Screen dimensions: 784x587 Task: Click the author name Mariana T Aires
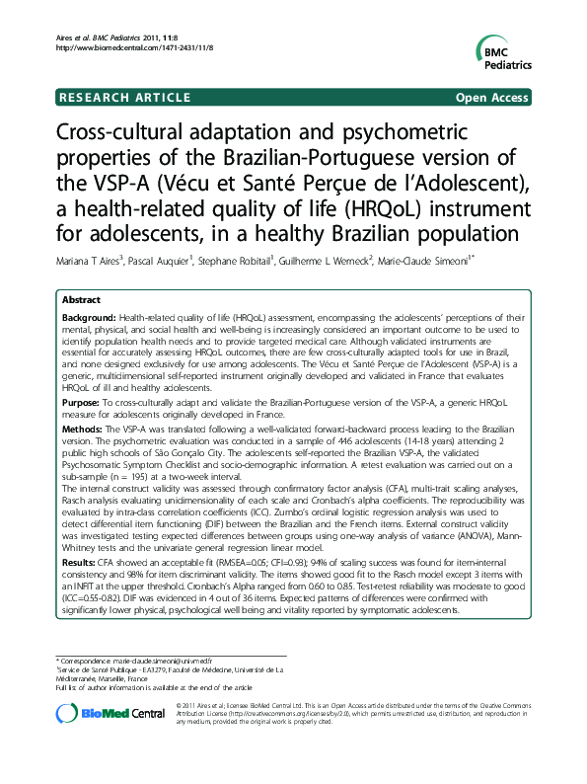click(86, 263)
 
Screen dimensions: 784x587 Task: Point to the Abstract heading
click(80, 298)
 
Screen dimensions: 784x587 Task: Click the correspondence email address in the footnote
click(161, 659)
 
